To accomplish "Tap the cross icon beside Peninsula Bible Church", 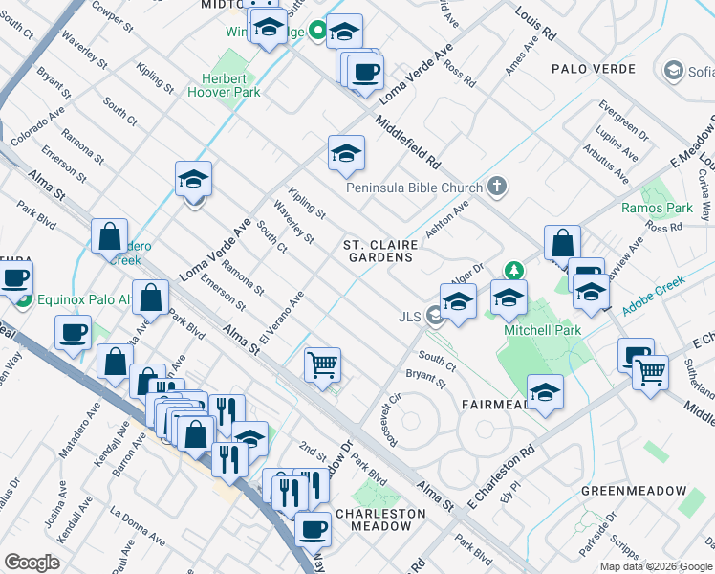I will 496,186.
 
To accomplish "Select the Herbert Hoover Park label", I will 231,86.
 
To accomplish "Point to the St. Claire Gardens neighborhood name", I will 379,251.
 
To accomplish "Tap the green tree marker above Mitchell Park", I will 514,272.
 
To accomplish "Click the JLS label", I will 411,317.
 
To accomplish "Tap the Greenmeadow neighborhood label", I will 633,491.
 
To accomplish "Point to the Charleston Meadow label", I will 380,519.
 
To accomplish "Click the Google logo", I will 32,562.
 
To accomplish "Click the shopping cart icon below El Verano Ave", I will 322,364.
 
